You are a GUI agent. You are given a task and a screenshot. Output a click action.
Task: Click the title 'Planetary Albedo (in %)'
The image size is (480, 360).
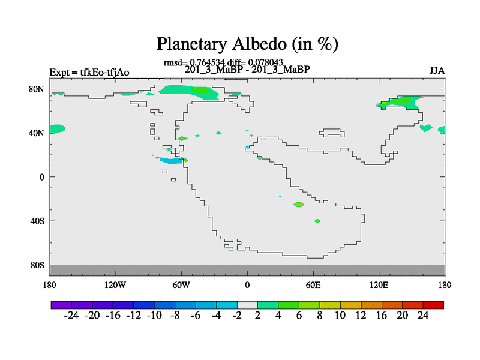point(247,44)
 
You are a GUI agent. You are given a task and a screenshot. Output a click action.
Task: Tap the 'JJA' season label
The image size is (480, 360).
point(437,71)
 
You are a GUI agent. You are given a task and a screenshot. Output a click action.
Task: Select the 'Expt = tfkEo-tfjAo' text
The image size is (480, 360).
point(89,73)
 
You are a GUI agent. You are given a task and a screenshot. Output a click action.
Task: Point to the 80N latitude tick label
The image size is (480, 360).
point(37,89)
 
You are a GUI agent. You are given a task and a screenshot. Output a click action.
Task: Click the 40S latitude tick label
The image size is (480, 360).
point(37,221)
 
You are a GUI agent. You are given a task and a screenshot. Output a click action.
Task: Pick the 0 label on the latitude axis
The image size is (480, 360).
point(41,177)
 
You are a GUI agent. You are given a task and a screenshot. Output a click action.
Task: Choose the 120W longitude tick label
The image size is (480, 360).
point(115,286)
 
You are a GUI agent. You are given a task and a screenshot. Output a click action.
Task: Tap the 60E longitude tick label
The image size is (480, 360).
point(313,286)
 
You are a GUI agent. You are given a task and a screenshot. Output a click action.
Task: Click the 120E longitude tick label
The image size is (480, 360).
point(379,286)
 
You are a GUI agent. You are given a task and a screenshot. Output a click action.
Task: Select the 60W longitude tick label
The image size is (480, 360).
point(181,286)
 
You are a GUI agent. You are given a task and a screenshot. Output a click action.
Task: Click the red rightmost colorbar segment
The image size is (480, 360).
point(433,305)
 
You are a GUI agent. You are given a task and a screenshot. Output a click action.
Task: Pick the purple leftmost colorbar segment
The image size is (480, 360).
point(61,305)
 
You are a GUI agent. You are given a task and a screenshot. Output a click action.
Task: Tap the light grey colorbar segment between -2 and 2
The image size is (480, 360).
point(247,305)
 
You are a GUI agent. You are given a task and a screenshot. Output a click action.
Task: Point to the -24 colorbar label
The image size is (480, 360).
point(71,316)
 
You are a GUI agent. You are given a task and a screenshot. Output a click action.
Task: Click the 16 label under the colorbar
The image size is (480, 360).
point(382,316)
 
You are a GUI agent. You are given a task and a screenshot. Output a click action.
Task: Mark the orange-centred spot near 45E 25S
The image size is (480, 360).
point(299,204)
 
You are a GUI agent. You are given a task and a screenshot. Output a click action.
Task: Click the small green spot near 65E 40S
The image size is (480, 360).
point(317,221)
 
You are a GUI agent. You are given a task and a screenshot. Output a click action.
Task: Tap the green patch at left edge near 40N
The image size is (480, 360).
point(57,129)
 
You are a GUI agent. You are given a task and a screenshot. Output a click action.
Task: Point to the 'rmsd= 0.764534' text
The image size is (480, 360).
point(194,62)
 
